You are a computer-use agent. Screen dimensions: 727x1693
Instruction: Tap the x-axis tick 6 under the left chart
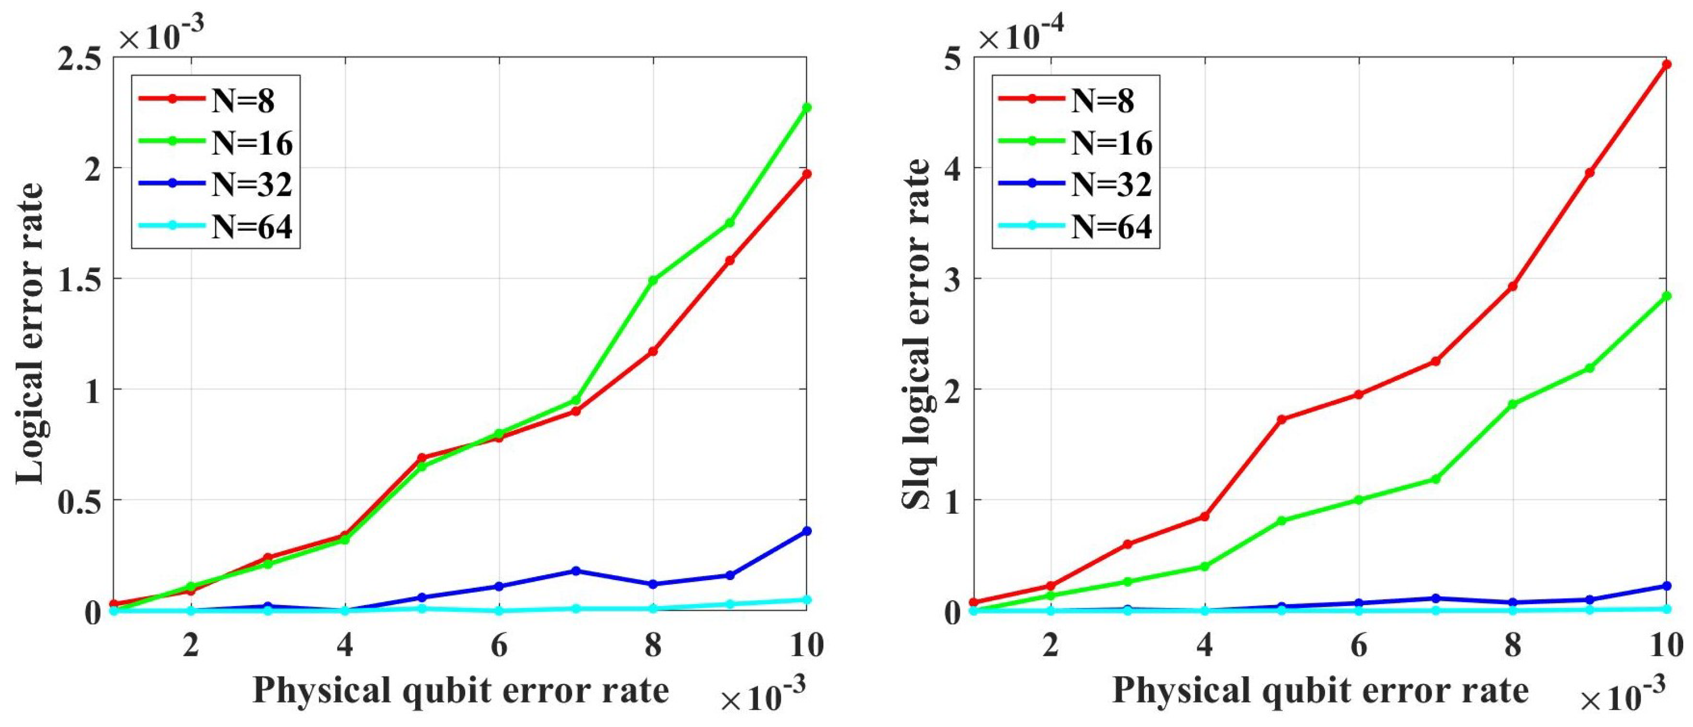pyautogui.click(x=499, y=645)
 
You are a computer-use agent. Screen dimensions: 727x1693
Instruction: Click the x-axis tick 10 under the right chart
pyautogui.click(x=1666, y=645)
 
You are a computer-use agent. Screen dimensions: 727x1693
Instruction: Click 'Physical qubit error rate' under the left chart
pyautogui.click(x=460, y=690)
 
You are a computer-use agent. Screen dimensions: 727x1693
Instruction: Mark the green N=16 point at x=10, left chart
pyautogui.click(x=807, y=107)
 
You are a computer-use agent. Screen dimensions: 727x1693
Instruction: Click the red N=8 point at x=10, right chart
pyautogui.click(x=1666, y=64)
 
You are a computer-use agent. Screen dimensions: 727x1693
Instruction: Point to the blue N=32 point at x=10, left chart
pyautogui.click(x=807, y=531)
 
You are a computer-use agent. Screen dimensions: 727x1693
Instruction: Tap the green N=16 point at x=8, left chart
pyautogui.click(x=652, y=280)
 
